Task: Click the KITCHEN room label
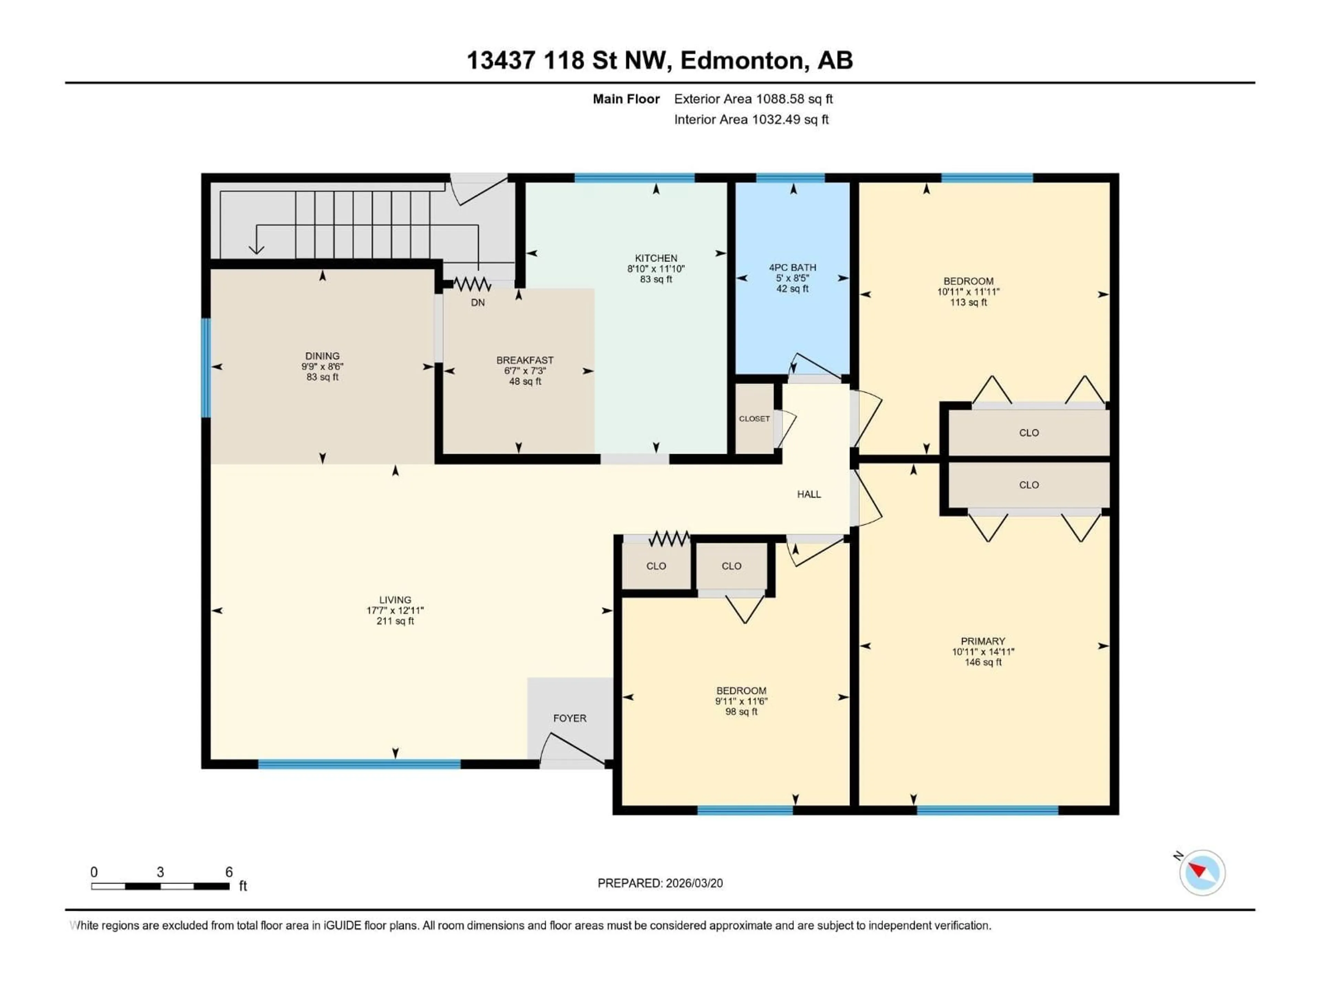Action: click(x=656, y=258)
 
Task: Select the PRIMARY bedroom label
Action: click(x=982, y=641)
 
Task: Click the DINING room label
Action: click(x=322, y=356)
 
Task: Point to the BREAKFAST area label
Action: click(x=524, y=360)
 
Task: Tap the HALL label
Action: click(x=809, y=494)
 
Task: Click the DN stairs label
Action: click(x=478, y=302)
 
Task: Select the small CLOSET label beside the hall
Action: click(x=754, y=418)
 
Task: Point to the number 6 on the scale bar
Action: click(x=229, y=872)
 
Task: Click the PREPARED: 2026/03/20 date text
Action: click(x=660, y=883)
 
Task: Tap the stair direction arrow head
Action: click(x=256, y=250)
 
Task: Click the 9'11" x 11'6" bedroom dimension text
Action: click(x=741, y=701)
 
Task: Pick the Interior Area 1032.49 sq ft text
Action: click(x=751, y=119)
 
